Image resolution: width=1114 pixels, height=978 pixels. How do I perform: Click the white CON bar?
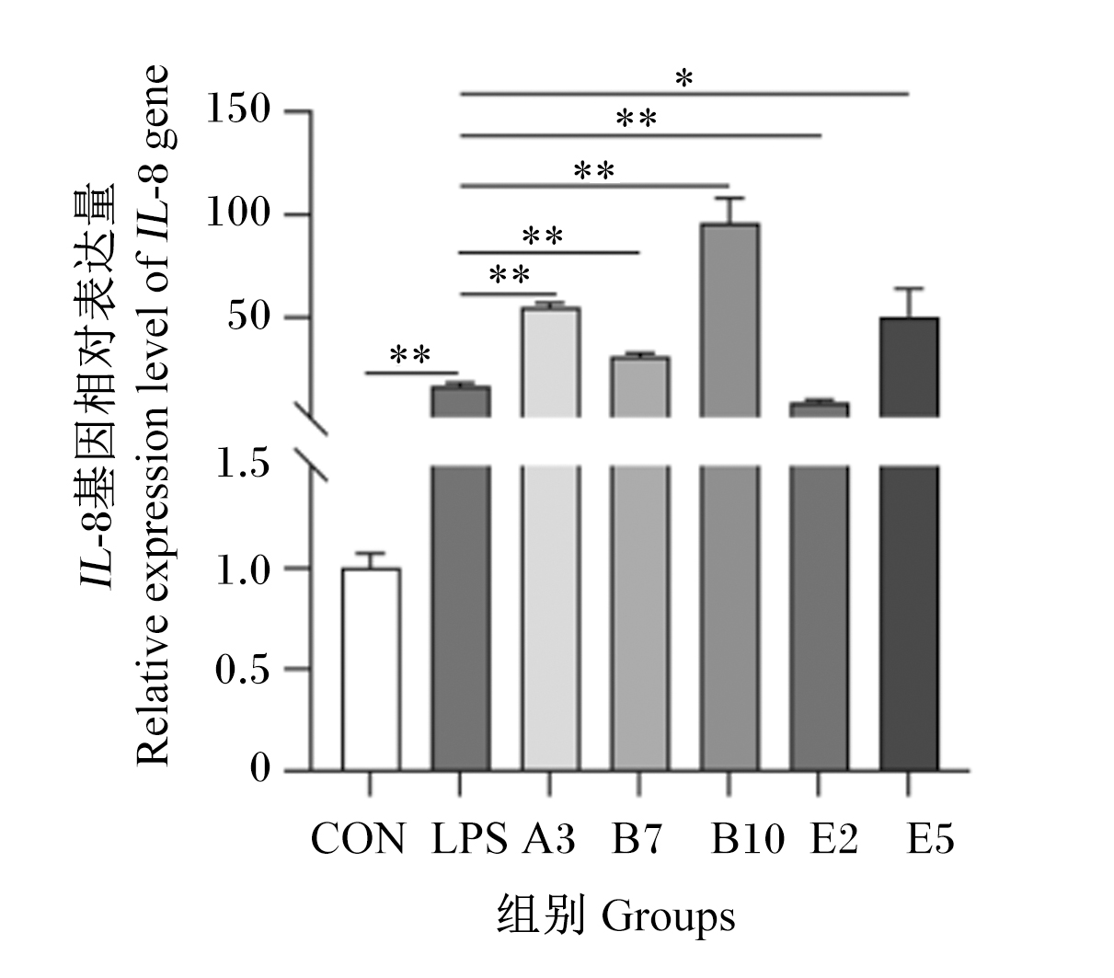click(x=371, y=669)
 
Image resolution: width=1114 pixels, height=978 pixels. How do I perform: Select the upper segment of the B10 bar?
click(x=729, y=320)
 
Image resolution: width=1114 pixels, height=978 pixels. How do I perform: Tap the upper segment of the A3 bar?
click(x=551, y=362)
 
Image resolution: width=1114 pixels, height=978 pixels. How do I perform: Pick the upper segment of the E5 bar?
click(x=908, y=367)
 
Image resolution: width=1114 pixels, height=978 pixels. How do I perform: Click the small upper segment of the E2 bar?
click(x=819, y=409)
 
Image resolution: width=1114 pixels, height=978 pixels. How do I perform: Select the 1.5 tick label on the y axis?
click(x=243, y=463)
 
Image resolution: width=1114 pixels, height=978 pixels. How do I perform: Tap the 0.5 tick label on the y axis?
click(x=243, y=669)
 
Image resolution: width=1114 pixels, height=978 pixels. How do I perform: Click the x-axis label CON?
click(x=358, y=839)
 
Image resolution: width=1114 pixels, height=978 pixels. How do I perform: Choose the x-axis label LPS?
click(x=469, y=839)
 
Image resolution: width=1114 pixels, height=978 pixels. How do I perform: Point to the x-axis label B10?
click(x=747, y=839)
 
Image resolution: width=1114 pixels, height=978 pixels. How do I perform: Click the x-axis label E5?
click(x=930, y=839)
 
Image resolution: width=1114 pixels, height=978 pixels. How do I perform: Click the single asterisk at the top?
click(x=684, y=78)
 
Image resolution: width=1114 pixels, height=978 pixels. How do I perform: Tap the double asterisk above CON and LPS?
click(x=410, y=355)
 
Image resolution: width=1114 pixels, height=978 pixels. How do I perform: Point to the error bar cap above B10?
click(x=729, y=198)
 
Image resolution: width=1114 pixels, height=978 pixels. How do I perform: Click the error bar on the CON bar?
click(x=371, y=560)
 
